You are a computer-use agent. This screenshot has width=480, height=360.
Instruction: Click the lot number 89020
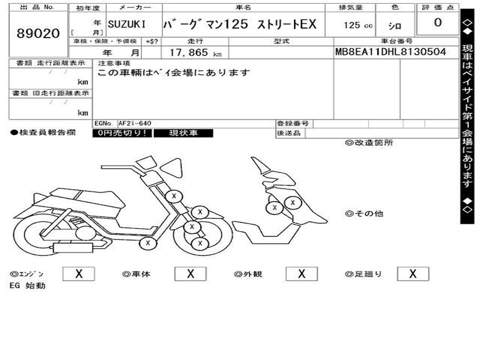coord(38,33)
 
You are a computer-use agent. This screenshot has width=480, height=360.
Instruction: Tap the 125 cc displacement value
coord(358,25)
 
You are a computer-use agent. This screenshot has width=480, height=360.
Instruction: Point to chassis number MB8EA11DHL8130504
coord(390,52)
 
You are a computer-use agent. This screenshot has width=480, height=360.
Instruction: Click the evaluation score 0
coord(437,23)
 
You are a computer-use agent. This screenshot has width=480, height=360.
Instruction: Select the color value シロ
coord(394,26)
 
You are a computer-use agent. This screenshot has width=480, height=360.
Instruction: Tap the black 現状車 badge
coord(183,133)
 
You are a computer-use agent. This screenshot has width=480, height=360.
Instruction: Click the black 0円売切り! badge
coord(122,133)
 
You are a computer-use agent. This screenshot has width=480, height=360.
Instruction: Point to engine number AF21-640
coord(135,123)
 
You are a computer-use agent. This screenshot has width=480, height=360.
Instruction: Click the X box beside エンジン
coord(78,274)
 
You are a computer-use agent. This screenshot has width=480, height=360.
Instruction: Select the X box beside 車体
coord(190,274)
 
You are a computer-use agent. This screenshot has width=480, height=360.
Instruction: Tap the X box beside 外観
coord(301,274)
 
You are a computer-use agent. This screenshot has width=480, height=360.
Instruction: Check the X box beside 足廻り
coord(412,274)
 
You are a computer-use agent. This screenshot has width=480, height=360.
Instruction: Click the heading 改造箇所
coord(369,143)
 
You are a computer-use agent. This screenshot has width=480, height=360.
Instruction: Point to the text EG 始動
coord(28,285)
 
